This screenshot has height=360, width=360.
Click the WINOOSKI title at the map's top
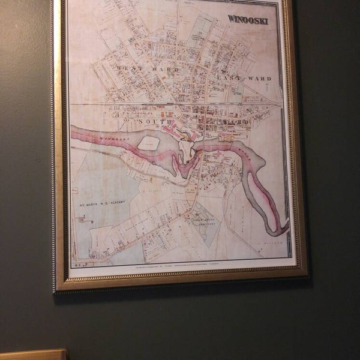pos(248,19)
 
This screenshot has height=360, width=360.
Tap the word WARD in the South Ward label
pos(235,122)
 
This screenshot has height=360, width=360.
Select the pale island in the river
pos(148,143)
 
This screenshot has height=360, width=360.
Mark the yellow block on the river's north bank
pos(226,137)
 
